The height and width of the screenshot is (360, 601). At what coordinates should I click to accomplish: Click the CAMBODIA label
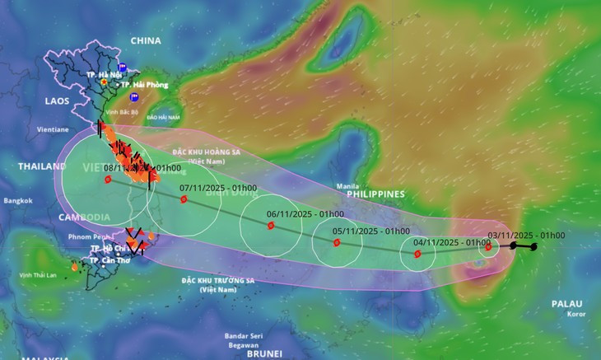pyautogui.click(x=85, y=217)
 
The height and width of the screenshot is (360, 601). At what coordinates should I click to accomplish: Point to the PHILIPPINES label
pyautogui.click(x=375, y=194)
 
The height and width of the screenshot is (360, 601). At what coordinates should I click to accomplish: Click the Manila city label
pyautogui.click(x=347, y=186)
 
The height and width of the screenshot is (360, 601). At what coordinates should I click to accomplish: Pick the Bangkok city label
pyautogui.click(x=16, y=200)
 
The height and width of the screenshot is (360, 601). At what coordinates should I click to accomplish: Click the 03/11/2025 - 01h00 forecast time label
pyautogui.click(x=525, y=236)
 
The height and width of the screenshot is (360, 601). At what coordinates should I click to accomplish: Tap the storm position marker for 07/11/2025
pyautogui.click(x=184, y=199)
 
